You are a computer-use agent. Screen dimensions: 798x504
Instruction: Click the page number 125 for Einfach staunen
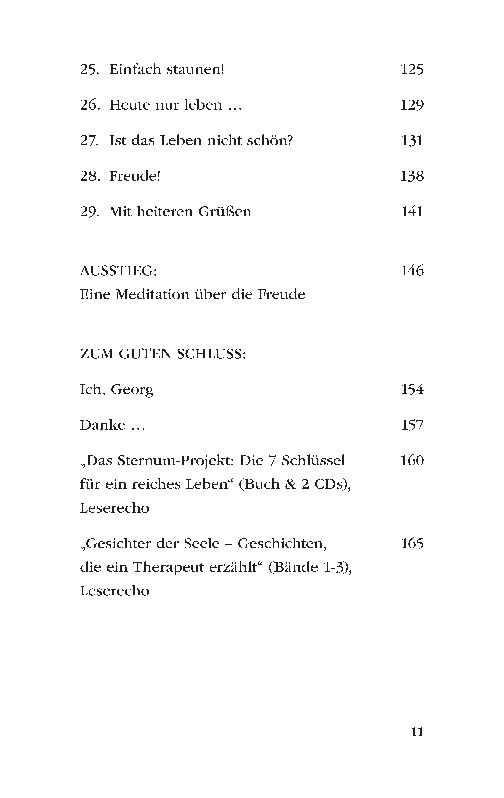(x=412, y=70)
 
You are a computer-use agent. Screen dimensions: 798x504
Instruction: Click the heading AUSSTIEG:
(x=118, y=271)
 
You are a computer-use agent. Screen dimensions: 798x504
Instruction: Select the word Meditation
(x=152, y=295)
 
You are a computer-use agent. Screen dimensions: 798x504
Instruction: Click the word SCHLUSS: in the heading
(x=211, y=354)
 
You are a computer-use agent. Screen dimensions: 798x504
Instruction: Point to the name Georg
(x=132, y=390)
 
